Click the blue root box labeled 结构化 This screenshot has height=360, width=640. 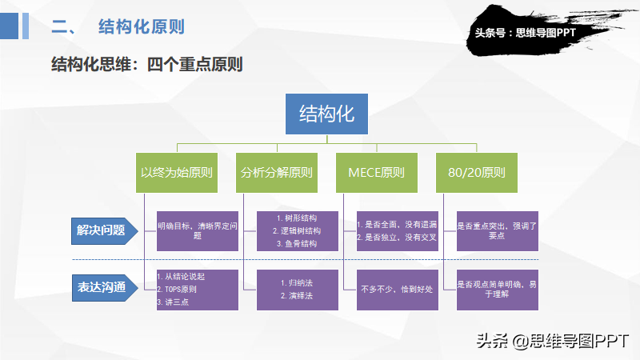[x=326, y=114]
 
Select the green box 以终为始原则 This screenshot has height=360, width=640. [x=177, y=173]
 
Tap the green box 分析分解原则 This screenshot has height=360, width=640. [x=277, y=173]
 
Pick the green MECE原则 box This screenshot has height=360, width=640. [x=377, y=173]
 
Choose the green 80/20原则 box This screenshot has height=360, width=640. [x=477, y=173]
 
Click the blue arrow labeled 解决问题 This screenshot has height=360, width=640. [x=105, y=231]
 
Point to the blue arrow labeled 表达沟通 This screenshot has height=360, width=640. [x=105, y=288]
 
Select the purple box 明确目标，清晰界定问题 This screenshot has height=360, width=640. [x=198, y=231]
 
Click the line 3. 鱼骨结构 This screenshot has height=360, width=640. [x=297, y=244]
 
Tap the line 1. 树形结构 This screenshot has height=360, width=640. [x=297, y=218]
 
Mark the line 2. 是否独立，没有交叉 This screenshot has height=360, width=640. [x=397, y=237]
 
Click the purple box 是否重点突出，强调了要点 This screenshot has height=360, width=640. [x=498, y=231]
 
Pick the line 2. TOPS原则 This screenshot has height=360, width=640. [x=177, y=289]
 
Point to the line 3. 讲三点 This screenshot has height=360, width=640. [x=173, y=302]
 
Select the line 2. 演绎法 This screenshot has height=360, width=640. [x=297, y=295]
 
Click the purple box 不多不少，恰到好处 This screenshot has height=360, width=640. [x=398, y=290]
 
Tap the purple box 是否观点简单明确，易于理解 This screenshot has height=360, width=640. [x=498, y=290]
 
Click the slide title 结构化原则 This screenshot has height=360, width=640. [x=142, y=26]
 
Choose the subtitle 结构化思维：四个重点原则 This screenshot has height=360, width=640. [x=147, y=64]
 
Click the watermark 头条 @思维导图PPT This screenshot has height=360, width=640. [x=553, y=341]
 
